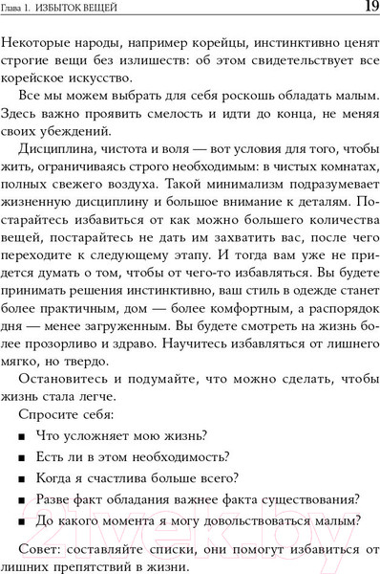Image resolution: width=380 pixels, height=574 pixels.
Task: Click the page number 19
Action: coord(368,9)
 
